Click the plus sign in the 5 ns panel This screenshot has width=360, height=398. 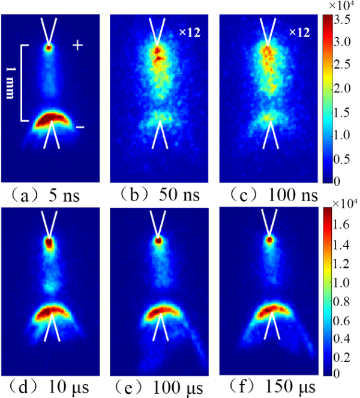pyautogui.click(x=77, y=45)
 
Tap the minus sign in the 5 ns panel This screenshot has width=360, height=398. pyautogui.click(x=80, y=127)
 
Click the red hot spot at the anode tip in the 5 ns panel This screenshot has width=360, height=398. pyautogui.click(x=49, y=46)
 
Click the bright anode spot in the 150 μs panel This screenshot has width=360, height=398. pyautogui.click(x=269, y=240)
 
